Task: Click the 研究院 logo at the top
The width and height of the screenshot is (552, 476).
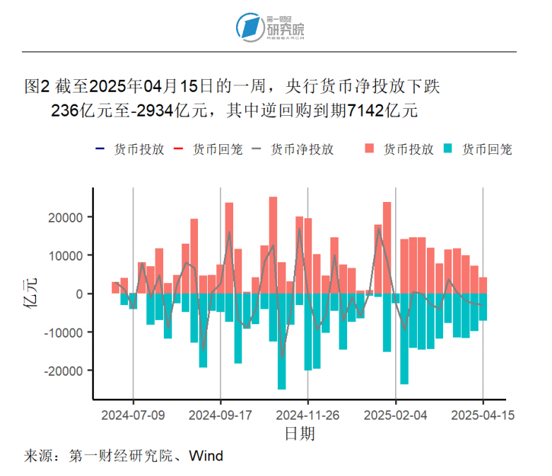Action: point(271,27)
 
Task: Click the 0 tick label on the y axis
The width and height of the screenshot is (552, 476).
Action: point(81,294)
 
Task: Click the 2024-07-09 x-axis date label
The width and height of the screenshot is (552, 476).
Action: point(133,415)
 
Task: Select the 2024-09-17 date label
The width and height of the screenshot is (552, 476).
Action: point(221,415)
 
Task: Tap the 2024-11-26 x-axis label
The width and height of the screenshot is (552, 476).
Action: point(308,415)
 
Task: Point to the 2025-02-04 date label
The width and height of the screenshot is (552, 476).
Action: point(396,415)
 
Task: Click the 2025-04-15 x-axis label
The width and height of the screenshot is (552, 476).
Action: point(483,415)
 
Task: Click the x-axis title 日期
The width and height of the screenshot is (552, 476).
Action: point(300,433)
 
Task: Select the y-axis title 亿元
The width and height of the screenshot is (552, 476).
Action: point(32,294)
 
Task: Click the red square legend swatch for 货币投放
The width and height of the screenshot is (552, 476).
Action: point(370,150)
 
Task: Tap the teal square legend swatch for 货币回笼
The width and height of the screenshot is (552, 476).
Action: point(448,150)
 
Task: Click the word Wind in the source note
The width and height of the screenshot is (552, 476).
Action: point(207,456)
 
